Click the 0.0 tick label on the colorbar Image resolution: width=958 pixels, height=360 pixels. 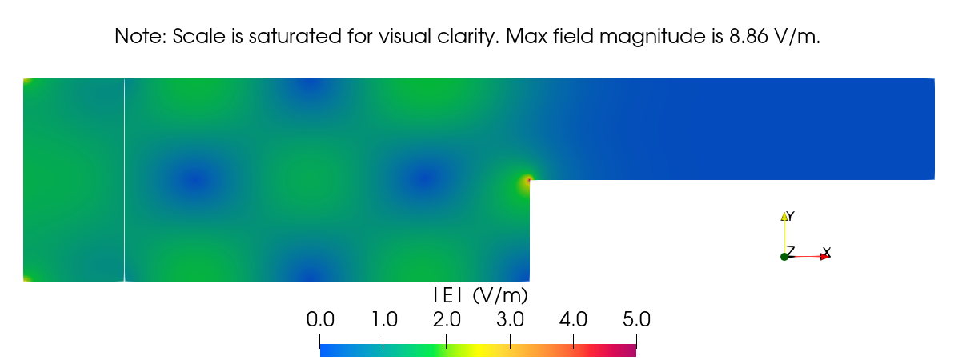coord(319,320)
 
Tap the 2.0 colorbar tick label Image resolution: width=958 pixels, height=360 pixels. coord(447,320)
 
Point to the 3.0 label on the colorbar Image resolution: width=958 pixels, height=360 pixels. coord(510,320)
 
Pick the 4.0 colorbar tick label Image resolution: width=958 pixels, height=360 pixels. coord(573,320)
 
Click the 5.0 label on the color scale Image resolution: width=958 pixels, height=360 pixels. coord(636,320)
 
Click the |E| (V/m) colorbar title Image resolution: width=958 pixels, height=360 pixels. coord(479,295)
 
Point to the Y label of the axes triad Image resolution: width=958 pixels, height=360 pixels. coord(790,216)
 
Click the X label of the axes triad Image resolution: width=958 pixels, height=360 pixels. coord(827,252)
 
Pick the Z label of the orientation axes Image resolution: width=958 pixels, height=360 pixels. coord(791,251)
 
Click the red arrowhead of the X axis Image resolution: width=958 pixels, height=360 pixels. coord(824,257)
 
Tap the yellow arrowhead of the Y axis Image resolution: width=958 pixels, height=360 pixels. coord(784,217)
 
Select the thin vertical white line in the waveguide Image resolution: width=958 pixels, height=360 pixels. coord(125,180)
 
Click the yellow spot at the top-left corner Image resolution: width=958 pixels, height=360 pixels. coord(26,82)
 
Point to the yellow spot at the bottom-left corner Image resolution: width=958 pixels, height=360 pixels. coord(26,278)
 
